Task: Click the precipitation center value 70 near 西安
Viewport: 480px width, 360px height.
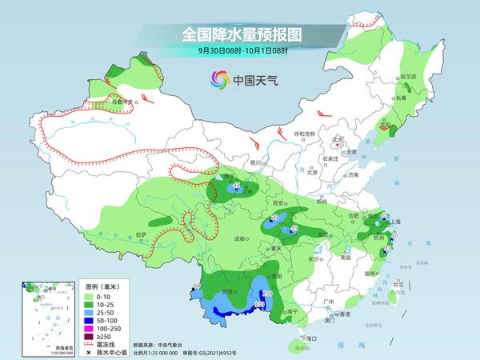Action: [275, 218]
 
